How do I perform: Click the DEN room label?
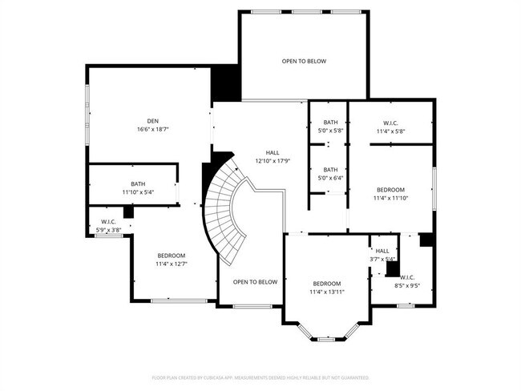152,121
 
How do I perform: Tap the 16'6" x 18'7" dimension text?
152,129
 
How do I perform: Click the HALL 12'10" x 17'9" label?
272,156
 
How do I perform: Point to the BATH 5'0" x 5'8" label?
330,127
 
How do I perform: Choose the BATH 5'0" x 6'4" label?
330,174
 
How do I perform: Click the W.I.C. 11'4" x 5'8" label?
390,127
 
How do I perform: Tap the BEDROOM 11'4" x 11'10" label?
390,194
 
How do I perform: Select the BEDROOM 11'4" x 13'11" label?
326,288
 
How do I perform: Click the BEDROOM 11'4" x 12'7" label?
171,259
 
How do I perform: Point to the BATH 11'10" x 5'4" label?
138,188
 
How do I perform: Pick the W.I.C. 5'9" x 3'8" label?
109,226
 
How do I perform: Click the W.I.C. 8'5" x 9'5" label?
406,281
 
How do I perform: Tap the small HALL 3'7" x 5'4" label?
382,255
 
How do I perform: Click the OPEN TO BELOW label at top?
304,61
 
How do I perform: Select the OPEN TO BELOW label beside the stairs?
255,282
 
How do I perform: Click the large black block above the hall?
225,83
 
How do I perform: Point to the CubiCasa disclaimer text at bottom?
260,377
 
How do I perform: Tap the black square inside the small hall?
392,269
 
